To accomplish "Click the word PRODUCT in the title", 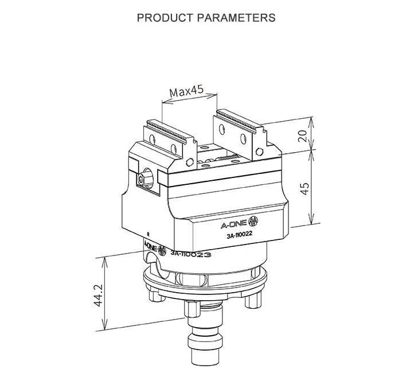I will pyautogui.click(x=164, y=17).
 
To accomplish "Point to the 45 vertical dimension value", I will pyautogui.click(x=304, y=188).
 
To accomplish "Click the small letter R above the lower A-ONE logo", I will pyautogui.click(x=149, y=234).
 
